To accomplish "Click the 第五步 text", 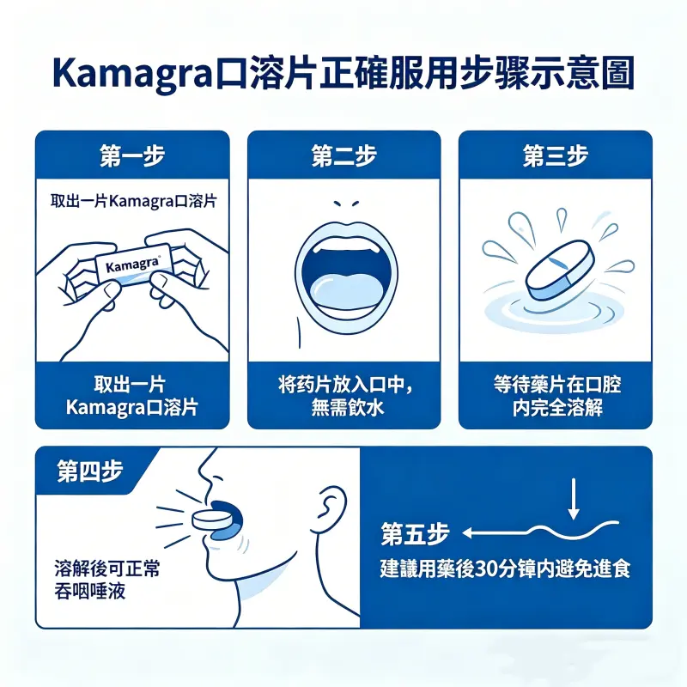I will (415, 534).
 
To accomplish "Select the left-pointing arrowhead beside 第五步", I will (467, 533).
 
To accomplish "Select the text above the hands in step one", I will (132, 203).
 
